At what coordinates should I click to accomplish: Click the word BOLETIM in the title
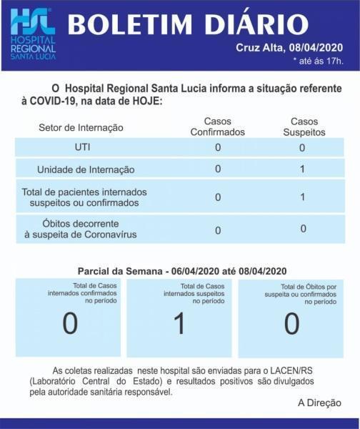(x=133, y=26)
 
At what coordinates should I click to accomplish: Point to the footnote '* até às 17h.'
(x=318, y=60)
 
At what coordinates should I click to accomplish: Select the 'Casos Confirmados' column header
(x=218, y=127)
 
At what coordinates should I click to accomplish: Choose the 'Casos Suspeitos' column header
(x=303, y=127)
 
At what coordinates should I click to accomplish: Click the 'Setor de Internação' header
(x=81, y=127)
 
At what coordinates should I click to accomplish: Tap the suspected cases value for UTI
(x=302, y=147)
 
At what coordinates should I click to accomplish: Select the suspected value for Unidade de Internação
(x=303, y=169)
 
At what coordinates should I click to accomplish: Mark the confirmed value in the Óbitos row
(x=218, y=230)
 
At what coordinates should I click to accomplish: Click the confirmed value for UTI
(x=218, y=147)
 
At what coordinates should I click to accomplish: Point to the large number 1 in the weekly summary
(x=179, y=324)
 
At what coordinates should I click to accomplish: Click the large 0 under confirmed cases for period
(x=70, y=324)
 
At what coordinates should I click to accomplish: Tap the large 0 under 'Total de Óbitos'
(x=291, y=324)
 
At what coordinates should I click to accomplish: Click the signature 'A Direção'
(x=319, y=403)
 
